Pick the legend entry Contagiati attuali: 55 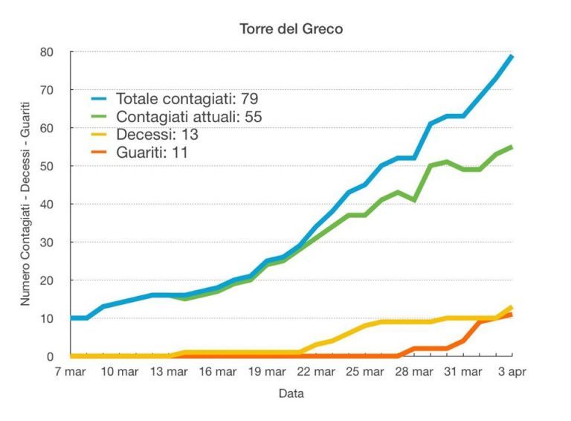tap(189, 117)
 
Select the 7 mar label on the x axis tap(71, 371)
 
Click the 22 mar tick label tap(314, 371)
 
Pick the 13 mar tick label tap(169, 371)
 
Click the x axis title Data tap(291, 393)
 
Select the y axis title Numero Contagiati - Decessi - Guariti tap(27, 205)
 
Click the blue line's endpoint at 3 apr tap(512, 57)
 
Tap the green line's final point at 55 tap(512, 147)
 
